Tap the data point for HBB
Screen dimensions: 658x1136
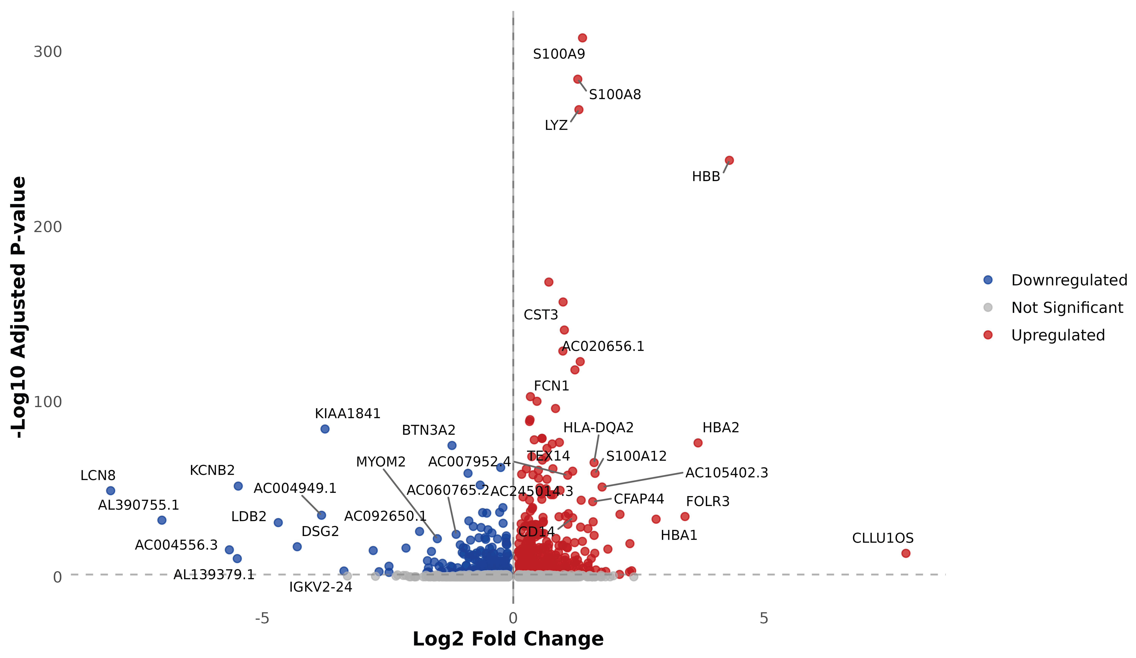729,160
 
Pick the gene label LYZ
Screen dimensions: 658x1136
556,125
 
